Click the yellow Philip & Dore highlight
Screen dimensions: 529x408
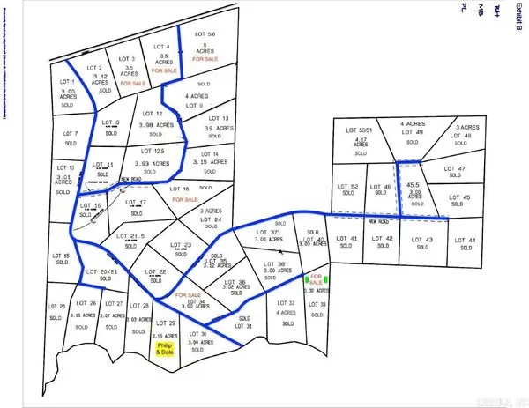pyautogui.click(x=164, y=350)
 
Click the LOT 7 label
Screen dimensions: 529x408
pyautogui.click(x=71, y=134)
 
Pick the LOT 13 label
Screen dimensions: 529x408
pyautogui.click(x=219, y=118)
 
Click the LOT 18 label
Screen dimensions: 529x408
pyautogui.click(x=180, y=189)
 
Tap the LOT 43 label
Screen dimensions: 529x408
pyautogui.click(x=423, y=240)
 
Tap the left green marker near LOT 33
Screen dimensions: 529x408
pyautogui.click(x=307, y=280)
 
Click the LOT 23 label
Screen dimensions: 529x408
pyautogui.click(x=181, y=245)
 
